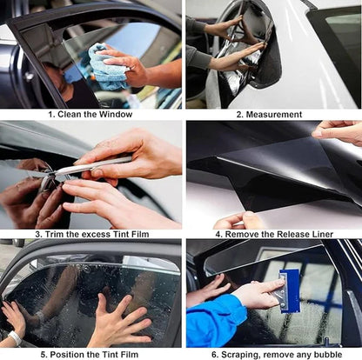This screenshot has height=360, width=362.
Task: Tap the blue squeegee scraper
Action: (x=289, y=288)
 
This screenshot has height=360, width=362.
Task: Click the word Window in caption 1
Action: (x=116, y=114)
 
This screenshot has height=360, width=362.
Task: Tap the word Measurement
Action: (x=273, y=114)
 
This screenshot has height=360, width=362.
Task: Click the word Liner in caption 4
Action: (x=320, y=234)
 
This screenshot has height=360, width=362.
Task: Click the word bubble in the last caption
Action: (x=328, y=354)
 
